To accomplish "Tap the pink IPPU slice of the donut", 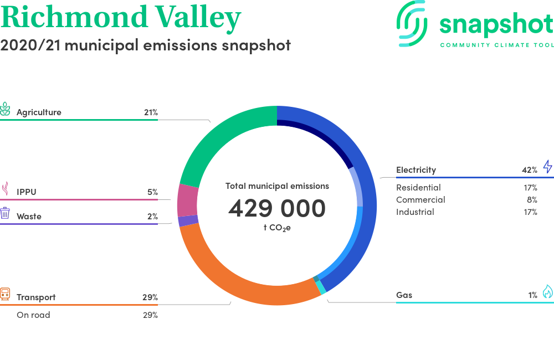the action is tap(188, 200).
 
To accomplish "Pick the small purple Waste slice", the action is tap(188, 221).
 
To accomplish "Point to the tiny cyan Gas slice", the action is tap(321, 287).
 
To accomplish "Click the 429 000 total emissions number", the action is tap(277, 208).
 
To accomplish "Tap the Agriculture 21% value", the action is tap(151, 112).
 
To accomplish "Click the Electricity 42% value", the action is tap(530, 170).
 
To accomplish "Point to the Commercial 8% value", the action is tap(532, 200).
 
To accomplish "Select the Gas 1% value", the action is tap(533, 295).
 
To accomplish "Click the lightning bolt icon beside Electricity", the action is tap(548, 166).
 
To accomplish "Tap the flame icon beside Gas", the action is tap(548, 291).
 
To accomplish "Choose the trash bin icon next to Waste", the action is tap(5, 213).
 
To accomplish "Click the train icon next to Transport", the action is tap(5, 294).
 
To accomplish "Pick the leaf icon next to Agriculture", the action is tap(5, 109).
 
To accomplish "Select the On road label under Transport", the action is tap(33, 315).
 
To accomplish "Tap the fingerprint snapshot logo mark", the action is tap(412, 24).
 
